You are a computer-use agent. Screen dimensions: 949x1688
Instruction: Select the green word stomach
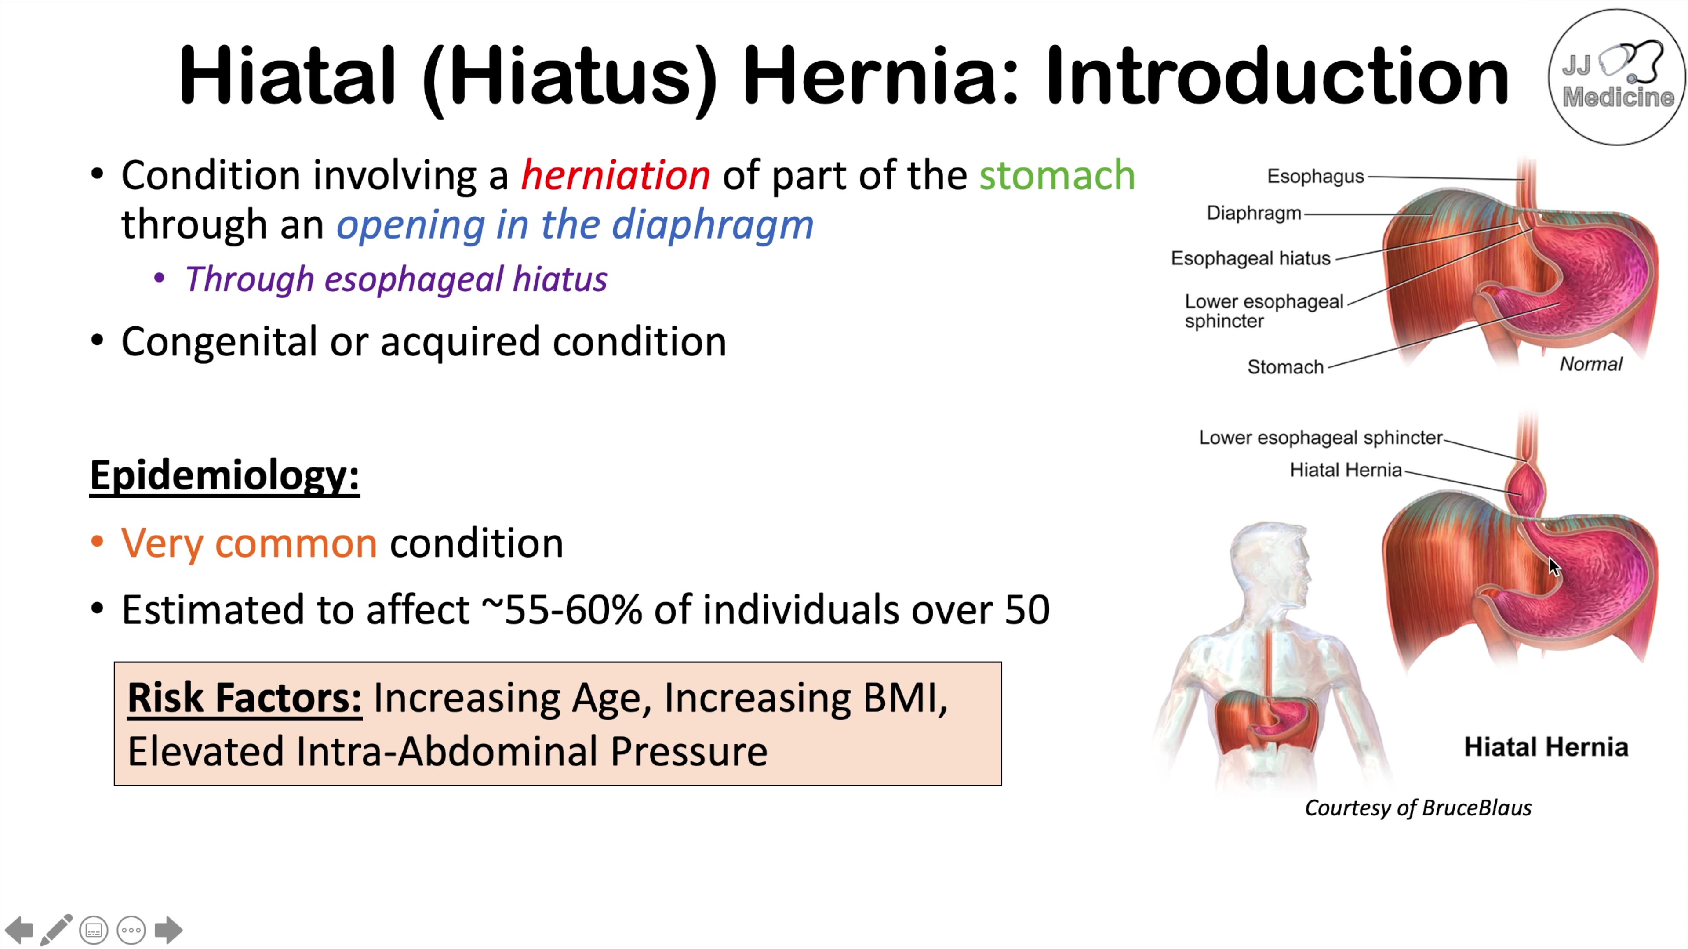(1056, 176)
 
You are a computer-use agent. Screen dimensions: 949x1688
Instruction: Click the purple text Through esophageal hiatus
(396, 279)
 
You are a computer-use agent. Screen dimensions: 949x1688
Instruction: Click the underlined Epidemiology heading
(225, 475)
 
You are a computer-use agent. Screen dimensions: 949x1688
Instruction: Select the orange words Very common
(249, 543)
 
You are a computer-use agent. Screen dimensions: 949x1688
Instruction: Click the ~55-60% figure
(562, 610)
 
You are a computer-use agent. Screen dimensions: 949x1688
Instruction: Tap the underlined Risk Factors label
(244, 698)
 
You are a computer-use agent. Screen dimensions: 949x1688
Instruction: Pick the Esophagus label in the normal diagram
(1315, 176)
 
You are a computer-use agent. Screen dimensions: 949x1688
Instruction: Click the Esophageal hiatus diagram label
(1250, 259)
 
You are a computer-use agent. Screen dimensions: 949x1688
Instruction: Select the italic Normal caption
(1590, 364)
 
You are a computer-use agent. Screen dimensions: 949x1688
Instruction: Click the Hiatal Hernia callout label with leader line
(1345, 470)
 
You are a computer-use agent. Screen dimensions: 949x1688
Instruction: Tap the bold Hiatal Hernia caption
(1546, 747)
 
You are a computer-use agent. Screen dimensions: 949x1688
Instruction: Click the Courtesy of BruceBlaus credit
(1418, 808)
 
